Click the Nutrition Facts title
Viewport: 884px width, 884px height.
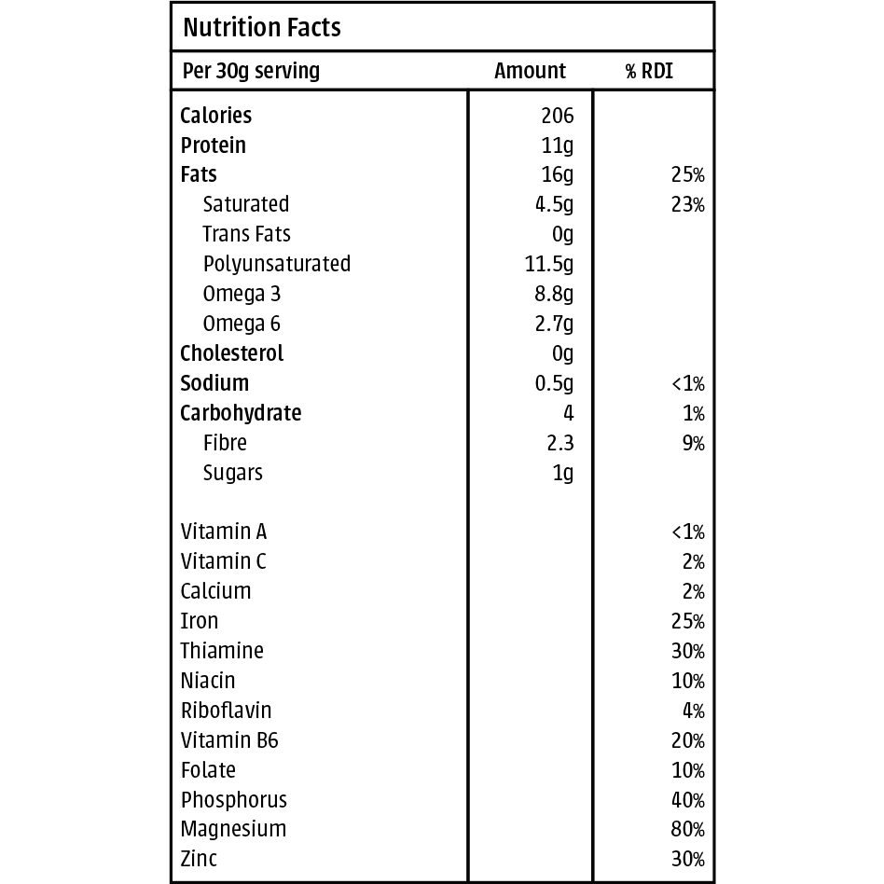point(262,28)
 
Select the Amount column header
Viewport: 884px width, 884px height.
point(530,71)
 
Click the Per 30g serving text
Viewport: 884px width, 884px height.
point(250,71)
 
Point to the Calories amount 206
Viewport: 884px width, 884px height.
point(557,116)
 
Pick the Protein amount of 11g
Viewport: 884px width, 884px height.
point(558,145)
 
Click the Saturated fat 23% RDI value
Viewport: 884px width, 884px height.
point(687,205)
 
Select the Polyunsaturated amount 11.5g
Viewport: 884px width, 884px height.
point(549,265)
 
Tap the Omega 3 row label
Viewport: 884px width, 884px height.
point(242,294)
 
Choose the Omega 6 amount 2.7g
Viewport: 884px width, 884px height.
point(554,325)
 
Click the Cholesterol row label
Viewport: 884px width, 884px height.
point(231,353)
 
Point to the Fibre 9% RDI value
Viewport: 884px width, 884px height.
point(693,444)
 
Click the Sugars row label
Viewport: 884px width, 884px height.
point(233,473)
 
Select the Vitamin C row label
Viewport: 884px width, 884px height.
point(223,561)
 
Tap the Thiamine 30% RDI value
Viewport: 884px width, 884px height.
point(687,652)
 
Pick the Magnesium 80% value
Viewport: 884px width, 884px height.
point(687,830)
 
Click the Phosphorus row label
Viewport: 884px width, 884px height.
point(234,800)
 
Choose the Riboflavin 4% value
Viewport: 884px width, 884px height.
point(693,711)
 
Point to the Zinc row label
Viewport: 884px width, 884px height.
point(199,859)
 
